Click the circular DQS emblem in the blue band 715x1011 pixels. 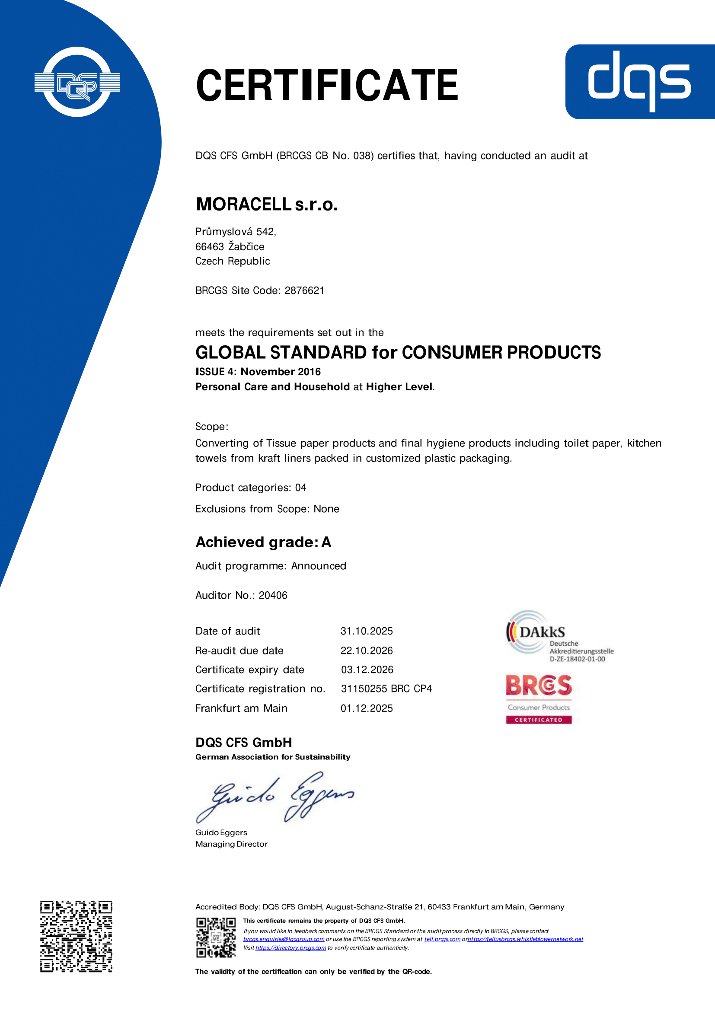coord(77,82)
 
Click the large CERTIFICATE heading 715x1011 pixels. coord(327,85)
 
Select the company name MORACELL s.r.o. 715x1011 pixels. coord(266,204)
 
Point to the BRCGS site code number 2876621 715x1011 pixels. coord(304,290)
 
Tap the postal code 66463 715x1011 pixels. coord(210,246)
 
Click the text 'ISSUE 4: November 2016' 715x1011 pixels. coord(258,372)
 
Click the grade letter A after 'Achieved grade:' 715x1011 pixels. coord(326,542)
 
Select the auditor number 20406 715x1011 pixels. coord(273,595)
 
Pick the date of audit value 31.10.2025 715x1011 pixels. coord(366,631)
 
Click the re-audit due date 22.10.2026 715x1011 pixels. coord(366,651)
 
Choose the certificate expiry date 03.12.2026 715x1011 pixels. coord(367,670)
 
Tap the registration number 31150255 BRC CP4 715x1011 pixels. coord(386,689)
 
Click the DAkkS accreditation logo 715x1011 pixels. coord(559,636)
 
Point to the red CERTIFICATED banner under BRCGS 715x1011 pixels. coord(539,720)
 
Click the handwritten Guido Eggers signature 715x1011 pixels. coord(275,797)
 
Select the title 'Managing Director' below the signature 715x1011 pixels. coord(232,844)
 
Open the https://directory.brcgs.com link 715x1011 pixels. coord(290,947)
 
